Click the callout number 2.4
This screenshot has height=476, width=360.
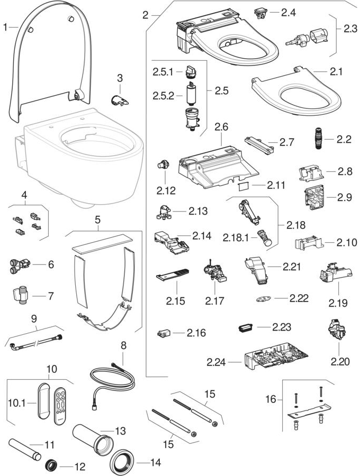[x=288, y=12]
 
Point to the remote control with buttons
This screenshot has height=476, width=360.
[x=61, y=402]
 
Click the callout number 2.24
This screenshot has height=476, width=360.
[x=216, y=362]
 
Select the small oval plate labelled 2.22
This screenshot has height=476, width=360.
[x=263, y=299]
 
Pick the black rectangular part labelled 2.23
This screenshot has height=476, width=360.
[x=246, y=327]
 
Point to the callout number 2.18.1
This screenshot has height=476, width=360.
[x=236, y=237]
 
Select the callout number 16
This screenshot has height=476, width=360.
[x=271, y=399]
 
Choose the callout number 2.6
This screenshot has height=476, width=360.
[x=221, y=127]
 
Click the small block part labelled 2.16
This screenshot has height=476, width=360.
[x=164, y=334]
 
